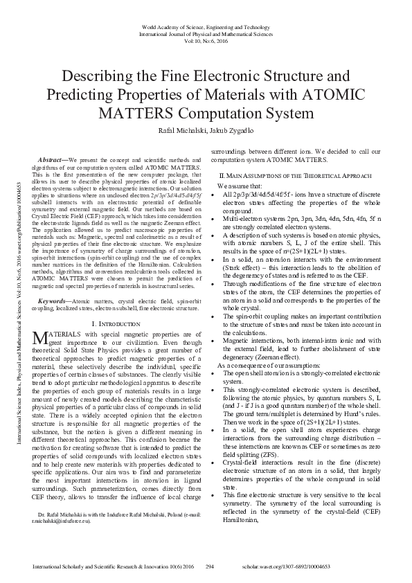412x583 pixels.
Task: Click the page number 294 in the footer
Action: coord(208,566)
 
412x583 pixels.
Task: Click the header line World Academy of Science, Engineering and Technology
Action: coord(205,26)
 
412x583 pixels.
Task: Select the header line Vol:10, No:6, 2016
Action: coord(206,40)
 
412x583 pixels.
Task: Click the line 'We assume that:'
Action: coord(239,186)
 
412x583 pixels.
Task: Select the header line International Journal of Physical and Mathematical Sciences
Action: coord(206,33)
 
